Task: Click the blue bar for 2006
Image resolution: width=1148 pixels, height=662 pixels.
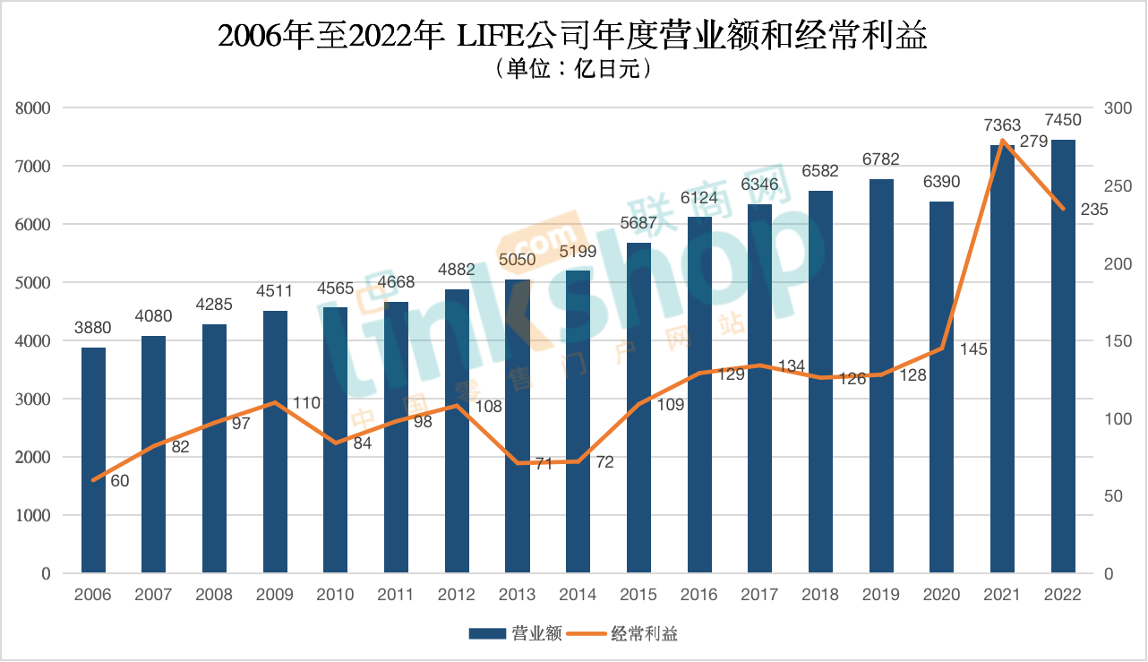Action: pos(93,460)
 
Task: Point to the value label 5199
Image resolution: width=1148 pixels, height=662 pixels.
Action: pos(578,252)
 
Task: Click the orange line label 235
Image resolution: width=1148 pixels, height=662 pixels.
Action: pos(1094,209)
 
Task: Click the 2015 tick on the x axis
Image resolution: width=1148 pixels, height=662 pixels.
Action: pos(638,595)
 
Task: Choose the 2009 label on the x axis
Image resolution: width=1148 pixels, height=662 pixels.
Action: pos(275,595)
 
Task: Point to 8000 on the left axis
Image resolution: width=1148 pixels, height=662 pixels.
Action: pos(34,108)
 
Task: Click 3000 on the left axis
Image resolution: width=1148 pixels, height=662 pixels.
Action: pos(34,400)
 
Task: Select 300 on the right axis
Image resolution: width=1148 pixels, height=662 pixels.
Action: pos(1118,108)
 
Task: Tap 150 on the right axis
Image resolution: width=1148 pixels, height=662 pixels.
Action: pos(1118,341)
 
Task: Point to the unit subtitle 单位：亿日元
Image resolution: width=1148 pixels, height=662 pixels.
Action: pos(573,69)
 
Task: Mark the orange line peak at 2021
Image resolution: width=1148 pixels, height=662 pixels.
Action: pos(1003,140)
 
